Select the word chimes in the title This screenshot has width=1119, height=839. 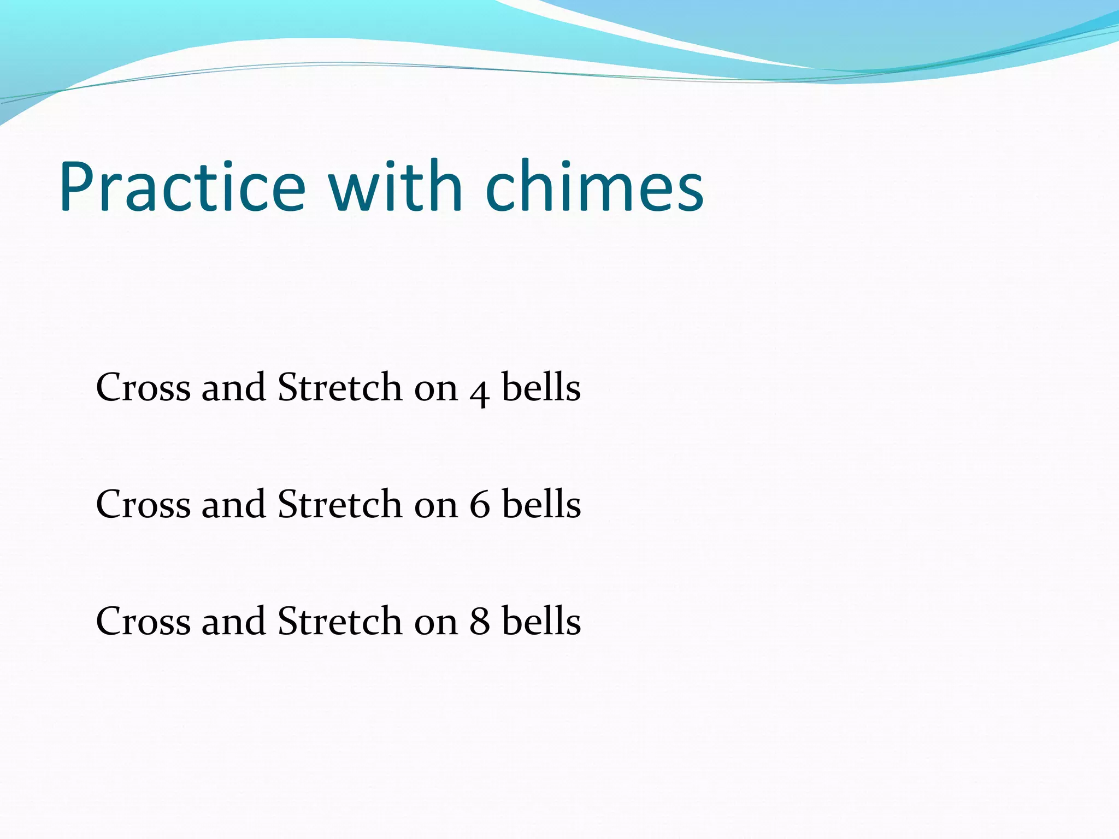pos(594,187)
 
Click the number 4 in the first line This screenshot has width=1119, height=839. pos(479,391)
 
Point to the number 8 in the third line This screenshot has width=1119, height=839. pos(479,622)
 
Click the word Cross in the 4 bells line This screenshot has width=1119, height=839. pos(143,388)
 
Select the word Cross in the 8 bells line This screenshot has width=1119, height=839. pos(143,622)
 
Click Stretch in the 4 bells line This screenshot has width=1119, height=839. pos(339,388)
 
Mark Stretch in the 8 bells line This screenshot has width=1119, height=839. pos(339,622)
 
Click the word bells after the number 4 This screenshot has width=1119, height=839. pos(541,388)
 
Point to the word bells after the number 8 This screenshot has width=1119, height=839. pos(541,622)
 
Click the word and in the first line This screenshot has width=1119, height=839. pos(233,388)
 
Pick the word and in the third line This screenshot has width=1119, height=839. pos(233,622)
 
